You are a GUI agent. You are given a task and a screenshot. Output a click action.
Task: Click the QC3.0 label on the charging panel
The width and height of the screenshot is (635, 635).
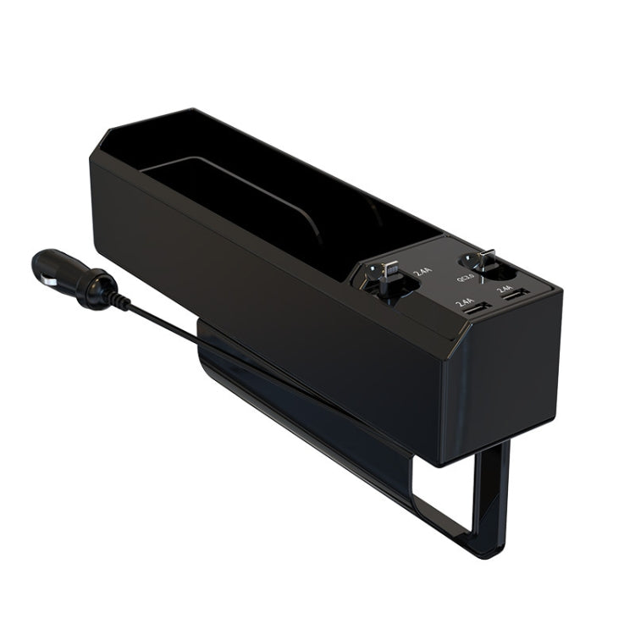tap(467, 277)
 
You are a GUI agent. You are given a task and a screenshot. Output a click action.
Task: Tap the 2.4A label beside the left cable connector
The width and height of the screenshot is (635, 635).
tap(421, 273)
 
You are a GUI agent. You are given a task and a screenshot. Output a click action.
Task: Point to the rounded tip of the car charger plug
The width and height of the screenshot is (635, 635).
tap(38, 262)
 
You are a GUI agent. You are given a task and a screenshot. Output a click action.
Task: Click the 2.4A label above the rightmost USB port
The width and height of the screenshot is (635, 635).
tap(505, 288)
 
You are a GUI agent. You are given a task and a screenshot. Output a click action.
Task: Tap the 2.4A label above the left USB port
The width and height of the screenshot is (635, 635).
tap(464, 302)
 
